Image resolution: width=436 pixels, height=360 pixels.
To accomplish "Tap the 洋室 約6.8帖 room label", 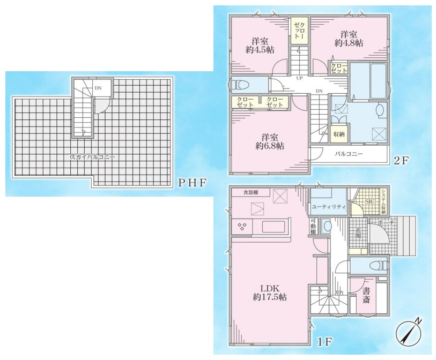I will tap(269, 141).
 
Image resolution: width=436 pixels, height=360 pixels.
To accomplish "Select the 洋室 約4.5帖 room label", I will tap(261, 46).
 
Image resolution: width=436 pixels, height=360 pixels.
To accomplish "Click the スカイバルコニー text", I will tap(92, 157).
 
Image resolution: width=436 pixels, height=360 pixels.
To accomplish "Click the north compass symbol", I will tap(408, 333).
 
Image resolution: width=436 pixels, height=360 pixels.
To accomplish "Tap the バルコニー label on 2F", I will tap(349, 154).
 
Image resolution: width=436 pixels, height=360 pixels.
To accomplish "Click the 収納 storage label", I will tap(338, 134).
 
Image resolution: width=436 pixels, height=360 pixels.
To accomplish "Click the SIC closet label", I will tap(370, 202).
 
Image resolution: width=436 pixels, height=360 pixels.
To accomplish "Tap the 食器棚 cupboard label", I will tap(251, 192).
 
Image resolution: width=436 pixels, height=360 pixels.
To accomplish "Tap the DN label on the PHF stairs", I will tap(98, 88).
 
